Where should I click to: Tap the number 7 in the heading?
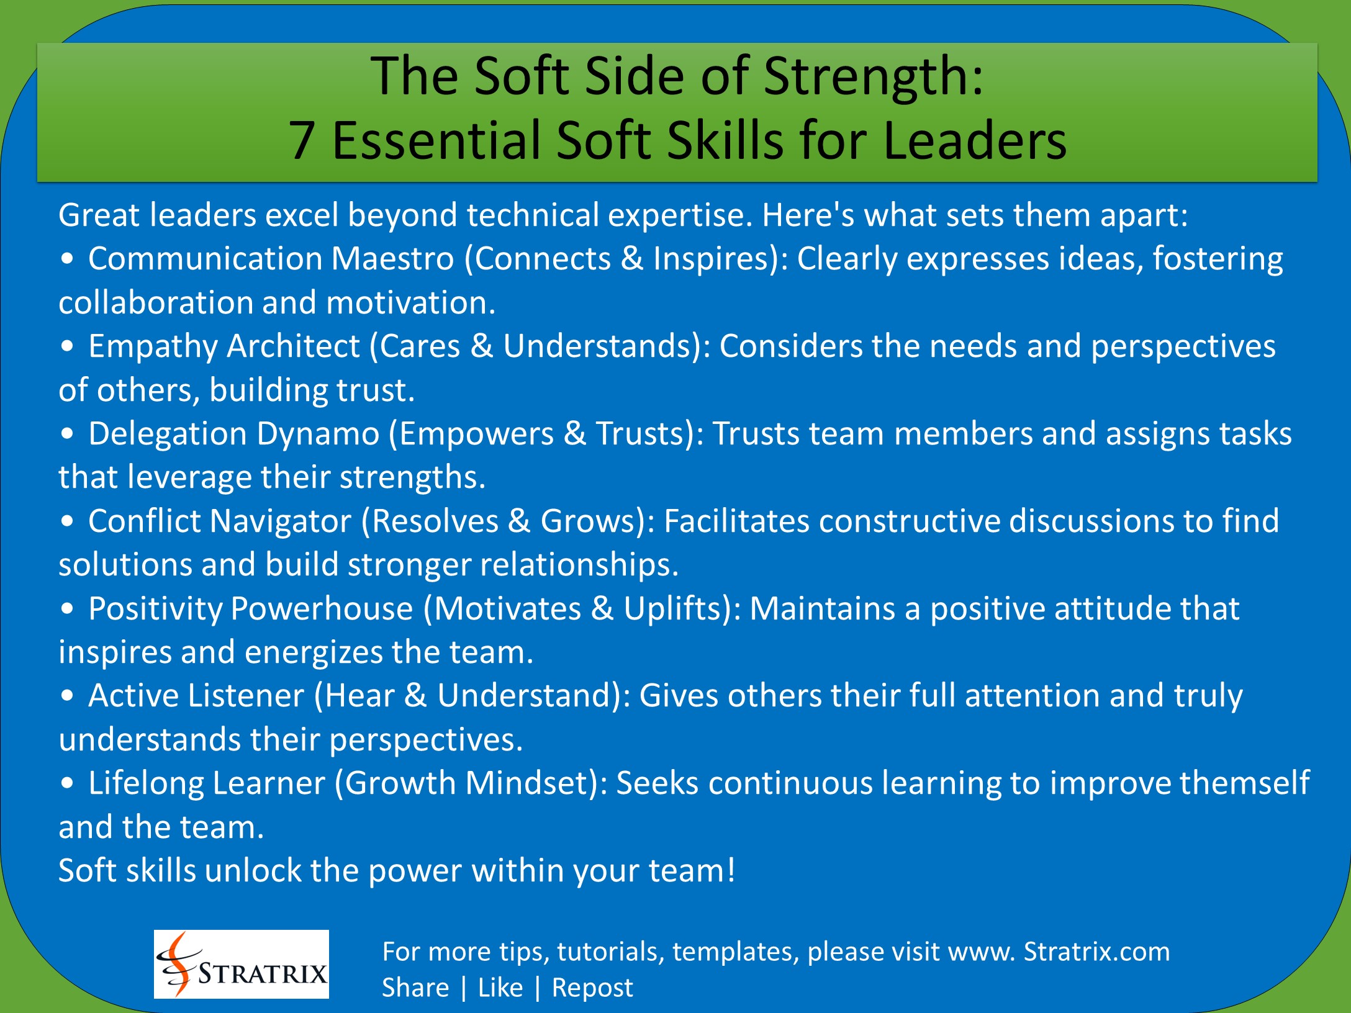pyautogui.click(x=301, y=141)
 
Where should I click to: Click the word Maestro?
pyautogui.click(x=392, y=259)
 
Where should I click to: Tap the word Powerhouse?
pyautogui.click(x=322, y=609)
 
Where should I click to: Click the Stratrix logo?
pyautogui.click(x=242, y=964)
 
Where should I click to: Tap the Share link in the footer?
pyautogui.click(x=415, y=988)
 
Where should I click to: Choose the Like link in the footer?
pyautogui.click(x=500, y=988)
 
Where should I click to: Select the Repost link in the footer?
pyautogui.click(x=592, y=988)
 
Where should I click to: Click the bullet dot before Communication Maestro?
pyautogui.click(x=67, y=260)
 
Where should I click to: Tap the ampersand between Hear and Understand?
pyautogui.click(x=415, y=696)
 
